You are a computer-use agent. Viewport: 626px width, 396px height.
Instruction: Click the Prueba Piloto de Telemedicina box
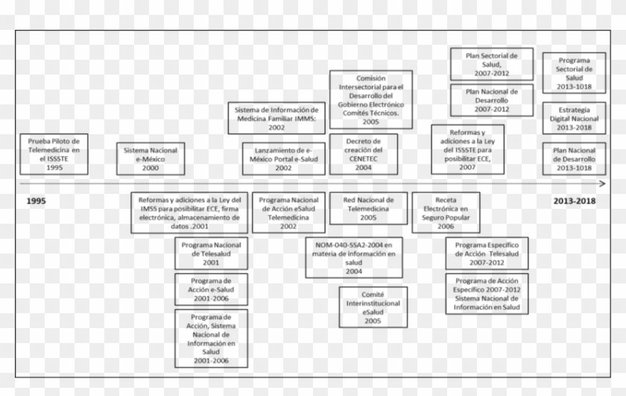pos(54,154)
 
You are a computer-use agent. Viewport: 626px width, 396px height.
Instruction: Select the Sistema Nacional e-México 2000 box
pos(151,159)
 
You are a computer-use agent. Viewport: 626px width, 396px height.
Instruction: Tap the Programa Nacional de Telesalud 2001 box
pos(211,254)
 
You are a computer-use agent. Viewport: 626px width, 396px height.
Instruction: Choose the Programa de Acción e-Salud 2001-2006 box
pos(211,289)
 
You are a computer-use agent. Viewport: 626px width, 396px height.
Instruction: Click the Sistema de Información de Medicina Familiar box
pos(276,118)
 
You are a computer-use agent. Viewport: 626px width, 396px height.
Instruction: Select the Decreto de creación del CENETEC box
pos(363,154)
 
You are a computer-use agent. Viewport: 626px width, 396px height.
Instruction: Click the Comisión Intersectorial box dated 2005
pos(370,99)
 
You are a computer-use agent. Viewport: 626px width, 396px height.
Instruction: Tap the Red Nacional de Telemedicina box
pos(368,208)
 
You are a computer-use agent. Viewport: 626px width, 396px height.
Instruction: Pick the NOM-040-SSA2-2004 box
pos(354,258)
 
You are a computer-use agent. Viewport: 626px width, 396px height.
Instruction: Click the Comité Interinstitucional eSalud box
pos(373,307)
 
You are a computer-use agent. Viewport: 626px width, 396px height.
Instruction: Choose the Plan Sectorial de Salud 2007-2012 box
pos(492,64)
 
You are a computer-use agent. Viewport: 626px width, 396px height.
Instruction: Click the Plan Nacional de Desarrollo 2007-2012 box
pos(492,100)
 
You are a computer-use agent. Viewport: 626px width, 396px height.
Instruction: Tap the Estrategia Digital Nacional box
pos(574,118)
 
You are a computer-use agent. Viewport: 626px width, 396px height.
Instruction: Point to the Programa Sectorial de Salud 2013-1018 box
pos(574,73)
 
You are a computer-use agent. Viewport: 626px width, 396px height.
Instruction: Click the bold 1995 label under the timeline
pos(35,201)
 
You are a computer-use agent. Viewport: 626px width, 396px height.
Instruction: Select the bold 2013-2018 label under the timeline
pos(578,201)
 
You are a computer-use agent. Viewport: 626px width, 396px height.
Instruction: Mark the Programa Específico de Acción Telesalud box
pos(487,254)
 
